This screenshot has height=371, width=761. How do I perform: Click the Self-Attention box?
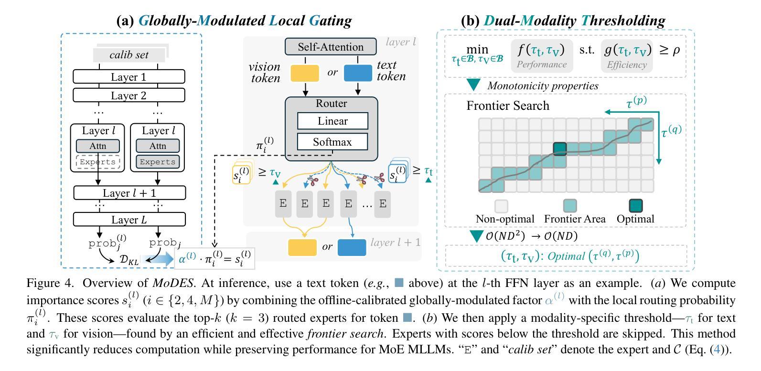331,47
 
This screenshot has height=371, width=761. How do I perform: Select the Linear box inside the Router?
332,121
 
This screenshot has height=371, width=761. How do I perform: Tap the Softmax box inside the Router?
332,142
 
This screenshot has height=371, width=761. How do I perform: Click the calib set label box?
129,55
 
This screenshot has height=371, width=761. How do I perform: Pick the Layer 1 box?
129,77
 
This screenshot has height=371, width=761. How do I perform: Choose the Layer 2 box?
129,95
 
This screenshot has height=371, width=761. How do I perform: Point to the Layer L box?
129,220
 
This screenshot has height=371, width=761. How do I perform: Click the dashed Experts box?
98,162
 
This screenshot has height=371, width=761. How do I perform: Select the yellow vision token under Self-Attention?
305,73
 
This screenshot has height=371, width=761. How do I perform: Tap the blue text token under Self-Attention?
358,73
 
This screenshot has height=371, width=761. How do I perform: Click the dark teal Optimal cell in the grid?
560,149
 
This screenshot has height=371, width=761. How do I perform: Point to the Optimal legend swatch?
635,206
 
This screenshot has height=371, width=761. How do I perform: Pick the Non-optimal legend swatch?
501,206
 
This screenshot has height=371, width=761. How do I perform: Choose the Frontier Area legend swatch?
570,206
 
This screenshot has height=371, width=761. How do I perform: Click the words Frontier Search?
508,106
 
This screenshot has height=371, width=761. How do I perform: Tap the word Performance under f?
542,64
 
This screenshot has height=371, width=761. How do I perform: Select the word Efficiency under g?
627,64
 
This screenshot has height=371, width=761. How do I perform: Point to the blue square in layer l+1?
352,247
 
